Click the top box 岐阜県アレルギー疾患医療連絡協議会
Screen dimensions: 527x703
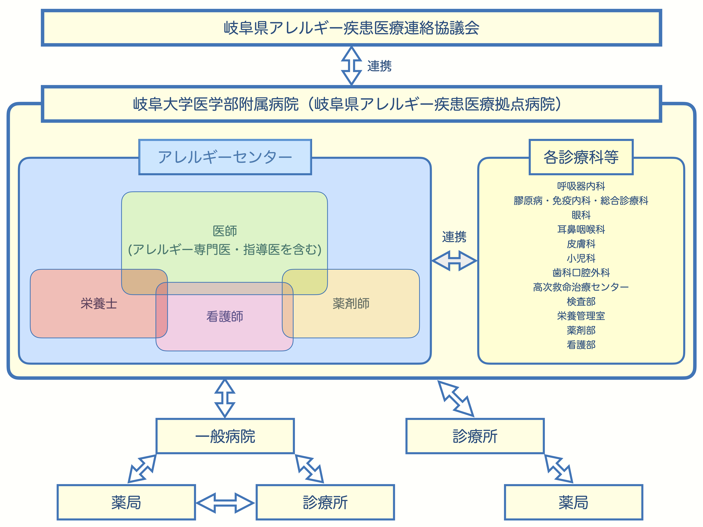point(351,28)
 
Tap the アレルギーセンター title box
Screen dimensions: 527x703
point(225,157)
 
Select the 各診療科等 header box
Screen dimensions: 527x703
point(581,157)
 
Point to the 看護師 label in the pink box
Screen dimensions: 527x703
point(225,316)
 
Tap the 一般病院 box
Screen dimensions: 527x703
point(225,436)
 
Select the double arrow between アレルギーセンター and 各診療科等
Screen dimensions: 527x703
point(454,261)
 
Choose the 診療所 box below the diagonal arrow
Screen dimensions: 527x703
point(475,436)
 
